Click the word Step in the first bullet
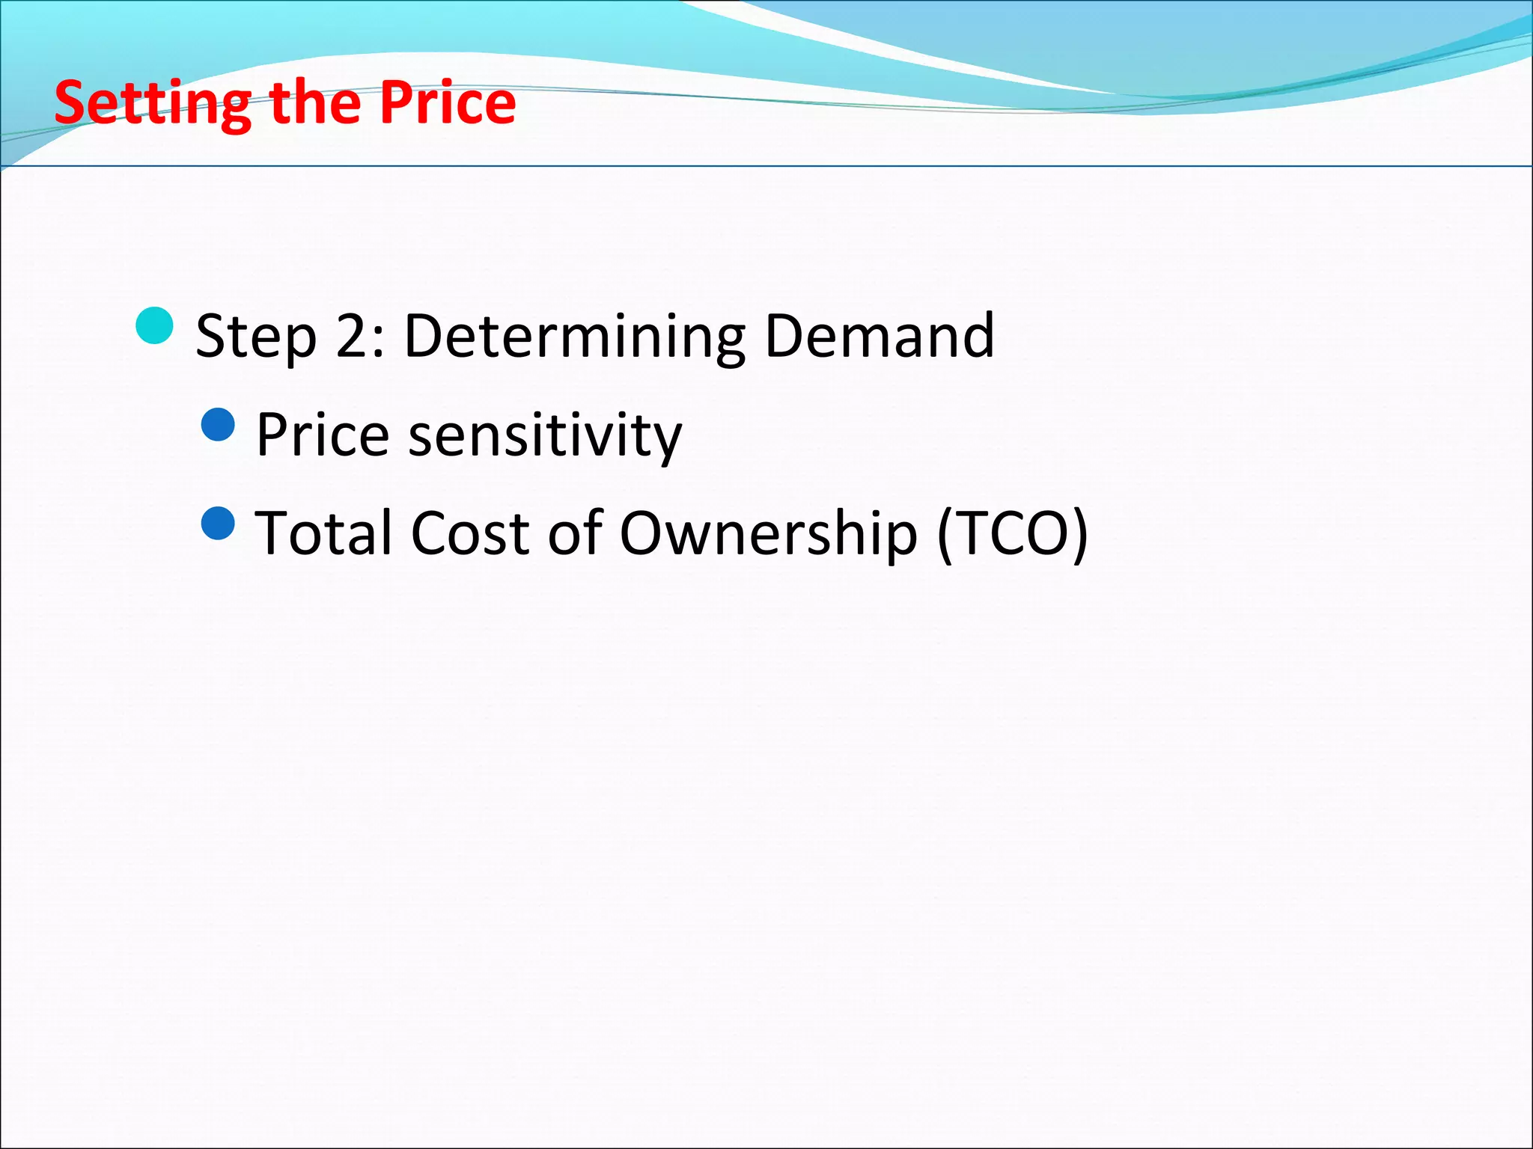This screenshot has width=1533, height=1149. (255, 336)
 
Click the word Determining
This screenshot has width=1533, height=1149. (574, 336)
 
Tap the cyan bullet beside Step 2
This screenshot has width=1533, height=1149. (155, 325)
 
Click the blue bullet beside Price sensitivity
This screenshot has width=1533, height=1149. (219, 424)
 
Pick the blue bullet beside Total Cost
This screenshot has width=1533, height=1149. (219, 523)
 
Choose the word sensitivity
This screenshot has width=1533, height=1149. (544, 435)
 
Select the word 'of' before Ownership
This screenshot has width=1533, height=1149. (575, 533)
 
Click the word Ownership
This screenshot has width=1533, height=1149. (768, 533)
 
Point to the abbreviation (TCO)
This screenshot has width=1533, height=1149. (1012, 533)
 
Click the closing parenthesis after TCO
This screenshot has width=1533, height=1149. (1079, 533)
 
